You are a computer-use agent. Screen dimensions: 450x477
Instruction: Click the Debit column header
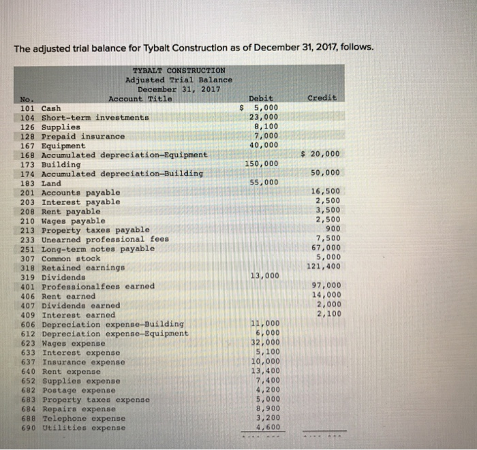coord(262,98)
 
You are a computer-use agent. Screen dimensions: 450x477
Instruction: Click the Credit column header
coord(322,98)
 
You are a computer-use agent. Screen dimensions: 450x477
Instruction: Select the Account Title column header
coord(140,99)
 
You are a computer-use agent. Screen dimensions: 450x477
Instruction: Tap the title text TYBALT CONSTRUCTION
coord(178,70)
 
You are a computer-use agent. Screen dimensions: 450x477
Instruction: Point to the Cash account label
coord(51,108)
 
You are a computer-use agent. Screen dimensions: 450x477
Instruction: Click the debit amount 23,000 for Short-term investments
coord(264,117)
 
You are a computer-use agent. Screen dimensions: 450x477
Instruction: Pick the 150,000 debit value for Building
coord(262,164)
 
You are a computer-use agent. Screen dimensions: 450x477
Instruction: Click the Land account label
coord(51,183)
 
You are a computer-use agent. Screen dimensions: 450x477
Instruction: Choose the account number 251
coord(28,248)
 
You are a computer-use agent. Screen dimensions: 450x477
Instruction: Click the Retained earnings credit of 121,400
coord(324,267)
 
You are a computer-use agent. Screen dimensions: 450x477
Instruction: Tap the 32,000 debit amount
coord(264,342)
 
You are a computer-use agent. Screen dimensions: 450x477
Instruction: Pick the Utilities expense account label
coord(83,428)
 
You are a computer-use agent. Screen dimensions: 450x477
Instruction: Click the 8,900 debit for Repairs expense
coord(266,408)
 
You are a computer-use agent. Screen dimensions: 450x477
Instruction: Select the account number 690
coord(29,428)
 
